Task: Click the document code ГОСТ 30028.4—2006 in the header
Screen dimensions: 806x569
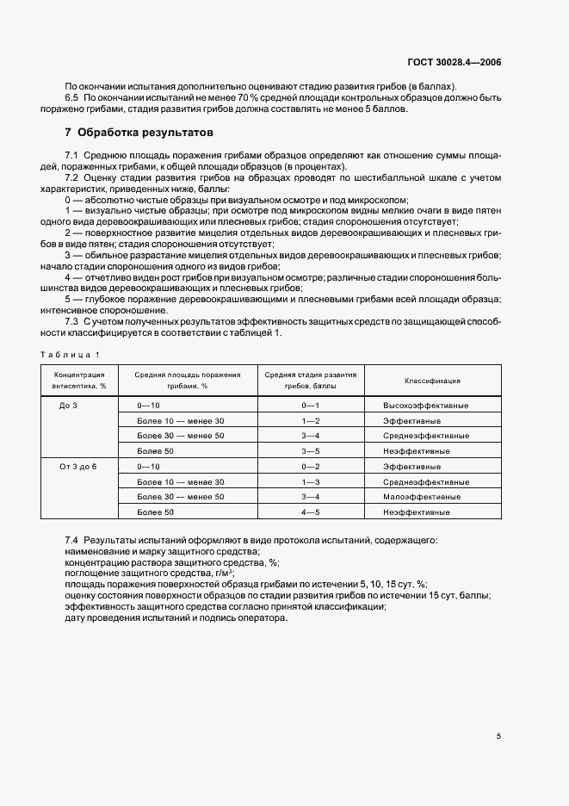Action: [x=455, y=62]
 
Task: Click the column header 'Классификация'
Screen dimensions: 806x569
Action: [x=432, y=380]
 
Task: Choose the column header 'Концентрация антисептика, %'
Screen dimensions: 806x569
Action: [x=79, y=381]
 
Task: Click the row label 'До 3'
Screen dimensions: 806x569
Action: [x=69, y=405]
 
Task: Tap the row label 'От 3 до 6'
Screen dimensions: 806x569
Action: [x=78, y=466]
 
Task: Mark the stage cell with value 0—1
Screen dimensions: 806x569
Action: [x=310, y=405]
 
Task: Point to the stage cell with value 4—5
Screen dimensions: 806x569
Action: [x=310, y=512]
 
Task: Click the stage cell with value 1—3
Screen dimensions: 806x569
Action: [x=310, y=481]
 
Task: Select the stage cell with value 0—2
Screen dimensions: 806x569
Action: [x=310, y=466]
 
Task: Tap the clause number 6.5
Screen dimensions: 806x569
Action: [x=72, y=97]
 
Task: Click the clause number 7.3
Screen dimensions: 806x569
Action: [x=72, y=321]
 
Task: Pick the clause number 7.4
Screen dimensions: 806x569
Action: [x=72, y=540]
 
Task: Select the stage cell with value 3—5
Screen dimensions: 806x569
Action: [x=310, y=450]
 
